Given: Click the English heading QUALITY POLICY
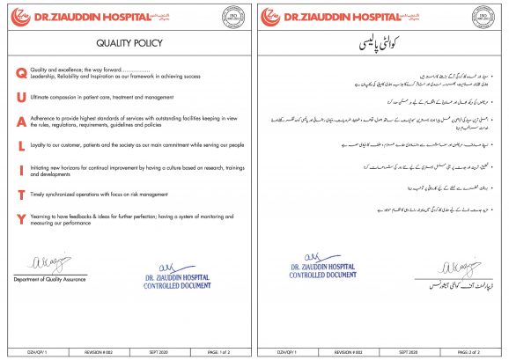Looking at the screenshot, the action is coord(127,40).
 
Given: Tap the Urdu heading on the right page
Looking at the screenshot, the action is coord(381,41).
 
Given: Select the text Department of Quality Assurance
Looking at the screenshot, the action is coord(49,279).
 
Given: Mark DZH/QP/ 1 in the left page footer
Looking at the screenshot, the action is coord(31,350).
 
